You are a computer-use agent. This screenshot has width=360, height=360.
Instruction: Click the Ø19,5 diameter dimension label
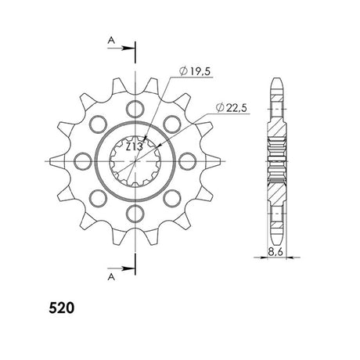(x=195, y=71)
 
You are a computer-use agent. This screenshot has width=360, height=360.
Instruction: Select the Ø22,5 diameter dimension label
(x=232, y=108)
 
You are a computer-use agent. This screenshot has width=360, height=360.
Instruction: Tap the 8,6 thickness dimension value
(x=275, y=252)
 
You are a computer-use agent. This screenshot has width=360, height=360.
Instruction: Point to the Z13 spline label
(x=135, y=147)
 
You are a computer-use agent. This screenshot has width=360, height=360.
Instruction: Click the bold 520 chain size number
(x=62, y=308)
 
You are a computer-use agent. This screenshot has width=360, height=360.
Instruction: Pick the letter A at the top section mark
(x=111, y=41)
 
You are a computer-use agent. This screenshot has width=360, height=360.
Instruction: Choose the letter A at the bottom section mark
(x=111, y=277)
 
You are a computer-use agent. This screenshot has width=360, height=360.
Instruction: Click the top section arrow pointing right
(x=121, y=49)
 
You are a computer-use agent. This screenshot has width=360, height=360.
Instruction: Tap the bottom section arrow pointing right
(x=121, y=268)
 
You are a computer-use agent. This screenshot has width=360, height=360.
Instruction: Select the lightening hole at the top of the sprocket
(x=135, y=109)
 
